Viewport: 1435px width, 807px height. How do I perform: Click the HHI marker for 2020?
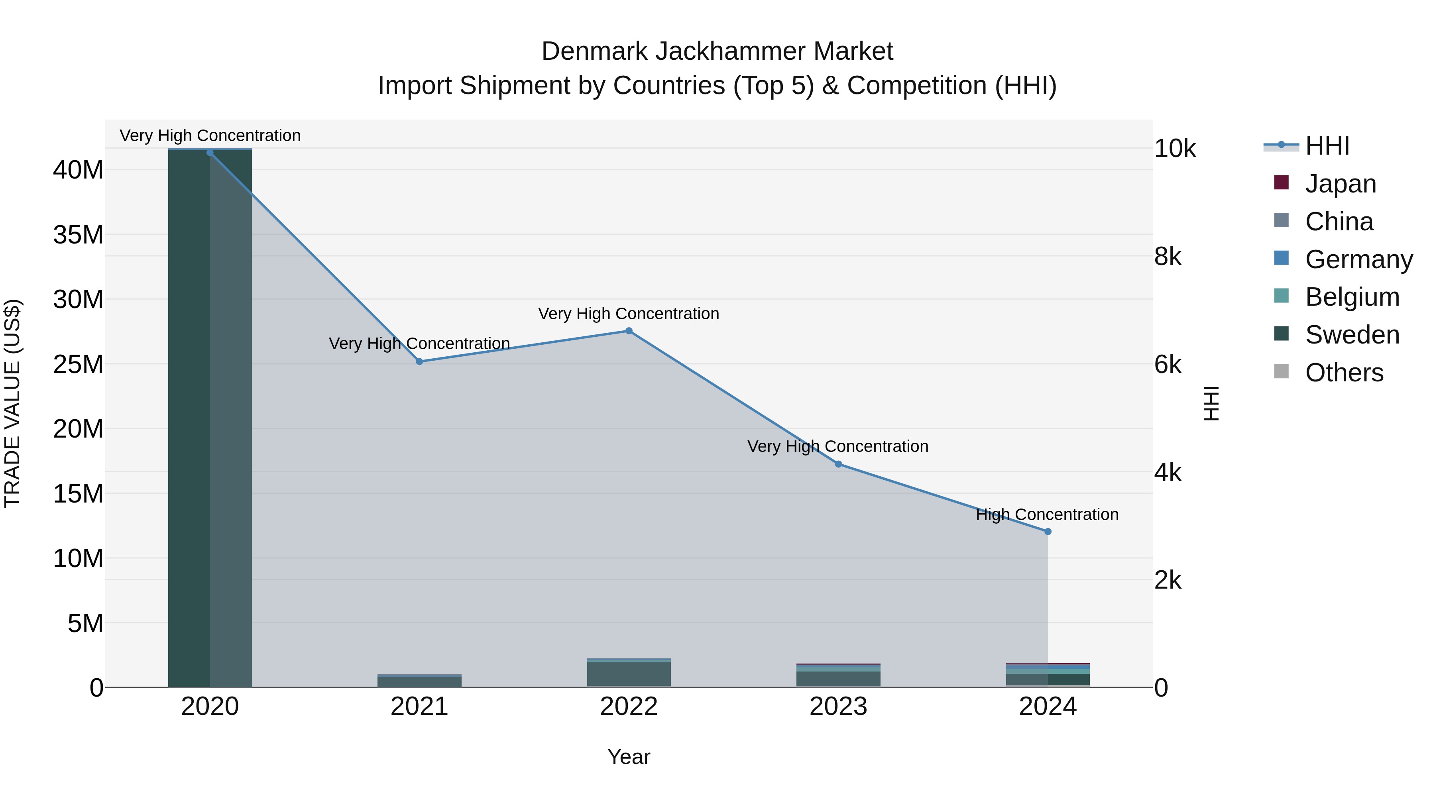point(210,153)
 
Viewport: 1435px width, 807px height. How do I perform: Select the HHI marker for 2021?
point(419,361)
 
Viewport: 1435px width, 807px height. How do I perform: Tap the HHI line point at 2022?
point(629,331)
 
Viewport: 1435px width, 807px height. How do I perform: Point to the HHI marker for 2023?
point(838,464)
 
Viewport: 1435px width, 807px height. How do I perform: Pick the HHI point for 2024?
point(1048,532)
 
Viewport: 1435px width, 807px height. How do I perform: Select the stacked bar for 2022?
point(629,674)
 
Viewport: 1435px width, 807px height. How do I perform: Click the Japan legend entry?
point(1340,184)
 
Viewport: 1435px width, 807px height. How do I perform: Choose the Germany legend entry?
point(1358,259)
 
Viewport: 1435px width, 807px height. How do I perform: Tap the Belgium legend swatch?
point(1281,296)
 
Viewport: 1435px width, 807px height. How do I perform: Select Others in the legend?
point(1344,373)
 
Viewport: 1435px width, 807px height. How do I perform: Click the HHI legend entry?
point(1327,146)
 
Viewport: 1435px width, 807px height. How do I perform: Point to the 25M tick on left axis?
point(78,364)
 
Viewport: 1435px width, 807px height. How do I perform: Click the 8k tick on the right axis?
point(1168,257)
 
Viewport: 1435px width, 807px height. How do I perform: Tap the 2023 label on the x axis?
point(838,707)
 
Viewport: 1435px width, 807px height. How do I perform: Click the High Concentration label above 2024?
point(1047,514)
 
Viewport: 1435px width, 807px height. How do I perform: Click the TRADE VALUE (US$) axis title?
point(13,403)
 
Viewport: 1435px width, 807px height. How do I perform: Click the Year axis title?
point(629,757)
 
